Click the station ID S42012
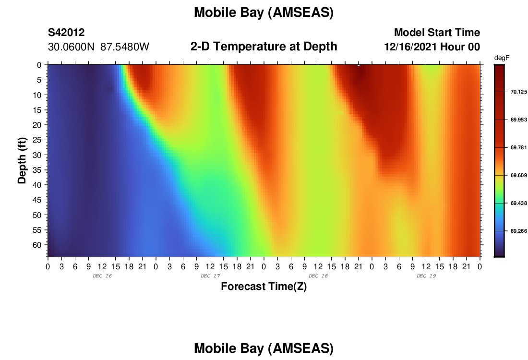coord(66,32)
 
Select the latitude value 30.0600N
coord(71,47)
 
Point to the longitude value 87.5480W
coord(125,47)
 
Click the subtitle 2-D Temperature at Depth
coord(264,47)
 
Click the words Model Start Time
coord(437,32)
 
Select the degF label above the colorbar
coord(502,58)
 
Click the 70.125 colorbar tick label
coord(518,92)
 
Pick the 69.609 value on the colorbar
coord(518,176)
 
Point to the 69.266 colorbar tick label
coord(518,231)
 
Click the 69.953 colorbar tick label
coord(518,120)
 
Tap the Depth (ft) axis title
coord(22,161)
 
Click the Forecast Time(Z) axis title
coord(264,287)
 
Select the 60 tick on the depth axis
coord(37,245)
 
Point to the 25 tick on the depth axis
coord(37,140)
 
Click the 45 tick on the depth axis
coord(37,200)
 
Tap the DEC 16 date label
coord(102,276)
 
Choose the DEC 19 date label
coord(426,276)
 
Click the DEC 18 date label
coord(318,276)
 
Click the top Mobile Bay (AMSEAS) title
coord(264,13)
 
